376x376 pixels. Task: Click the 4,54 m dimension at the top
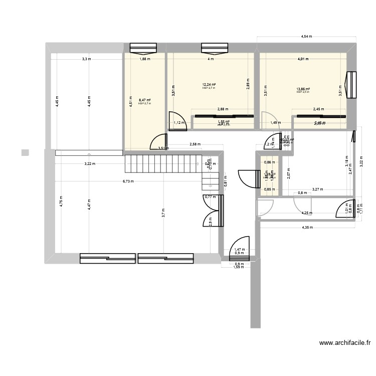coord(306,37)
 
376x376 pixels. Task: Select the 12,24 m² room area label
coord(209,85)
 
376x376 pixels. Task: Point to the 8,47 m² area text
coord(144,100)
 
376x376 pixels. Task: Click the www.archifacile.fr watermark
coord(345,343)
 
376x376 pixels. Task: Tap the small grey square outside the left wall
coord(25,152)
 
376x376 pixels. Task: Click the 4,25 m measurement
coord(307,213)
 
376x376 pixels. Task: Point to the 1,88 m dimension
coord(144,59)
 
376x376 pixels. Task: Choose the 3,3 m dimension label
coord(87,59)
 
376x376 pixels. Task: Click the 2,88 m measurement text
coord(222,109)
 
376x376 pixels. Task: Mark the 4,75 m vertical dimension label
coord(61,201)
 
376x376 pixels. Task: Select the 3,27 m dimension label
coord(317,190)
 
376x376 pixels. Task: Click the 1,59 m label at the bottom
coord(238,267)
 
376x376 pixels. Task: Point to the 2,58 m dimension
coord(195,144)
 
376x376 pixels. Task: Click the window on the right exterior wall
coord(352,85)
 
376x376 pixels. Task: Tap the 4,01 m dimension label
coord(303,59)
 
